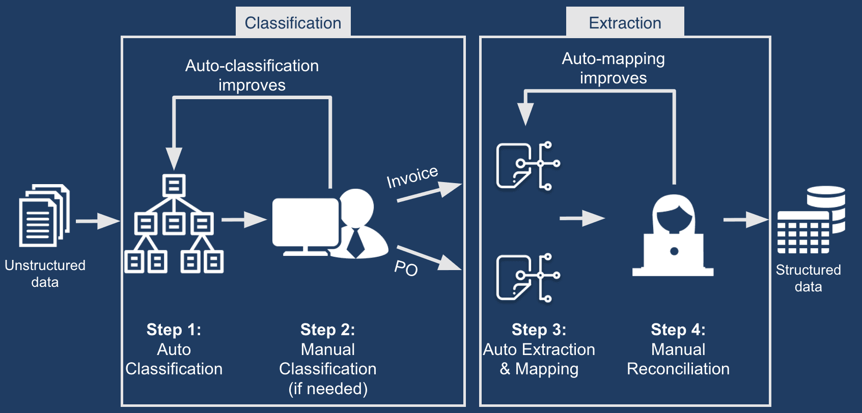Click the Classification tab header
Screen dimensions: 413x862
(x=293, y=22)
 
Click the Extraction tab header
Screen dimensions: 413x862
(x=625, y=22)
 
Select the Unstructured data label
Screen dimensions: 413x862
(x=45, y=273)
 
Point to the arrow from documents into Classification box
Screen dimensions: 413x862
(x=97, y=221)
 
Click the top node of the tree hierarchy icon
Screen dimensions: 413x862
(x=174, y=186)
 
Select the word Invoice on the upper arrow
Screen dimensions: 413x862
(x=412, y=176)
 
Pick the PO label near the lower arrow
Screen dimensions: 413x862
(x=406, y=268)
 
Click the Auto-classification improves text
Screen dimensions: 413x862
(x=252, y=75)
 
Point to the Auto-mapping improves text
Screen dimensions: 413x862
(x=613, y=68)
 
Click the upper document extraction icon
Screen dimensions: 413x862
(x=527, y=166)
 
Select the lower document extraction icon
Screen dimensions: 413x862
(x=527, y=278)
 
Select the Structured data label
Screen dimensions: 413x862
(x=808, y=278)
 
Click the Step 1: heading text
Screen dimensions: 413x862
(x=174, y=330)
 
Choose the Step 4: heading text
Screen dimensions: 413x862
(x=678, y=330)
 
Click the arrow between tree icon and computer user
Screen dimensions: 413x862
(x=244, y=219)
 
